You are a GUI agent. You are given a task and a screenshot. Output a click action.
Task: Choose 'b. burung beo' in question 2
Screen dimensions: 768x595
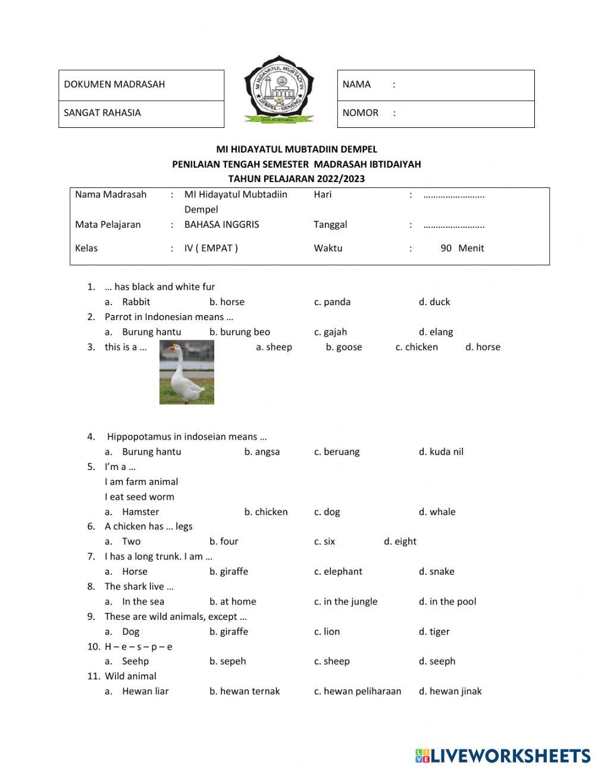[239, 332]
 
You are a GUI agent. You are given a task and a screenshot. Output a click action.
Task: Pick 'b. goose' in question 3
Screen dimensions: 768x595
[343, 347]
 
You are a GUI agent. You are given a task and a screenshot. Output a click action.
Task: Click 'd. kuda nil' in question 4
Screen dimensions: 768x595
[440, 452]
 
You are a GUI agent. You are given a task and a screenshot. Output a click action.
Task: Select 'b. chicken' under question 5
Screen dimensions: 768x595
[265, 512]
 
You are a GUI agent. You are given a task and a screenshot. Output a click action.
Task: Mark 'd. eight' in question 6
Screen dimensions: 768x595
[400, 541]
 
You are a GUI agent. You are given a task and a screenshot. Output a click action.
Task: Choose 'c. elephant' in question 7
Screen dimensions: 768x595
[338, 571]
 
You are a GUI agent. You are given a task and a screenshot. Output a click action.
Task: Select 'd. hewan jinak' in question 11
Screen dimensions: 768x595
[450, 691]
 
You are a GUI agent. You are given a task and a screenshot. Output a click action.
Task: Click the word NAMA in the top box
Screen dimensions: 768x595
[356, 84]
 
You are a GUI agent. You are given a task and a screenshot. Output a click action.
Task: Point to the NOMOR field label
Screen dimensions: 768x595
[360, 113]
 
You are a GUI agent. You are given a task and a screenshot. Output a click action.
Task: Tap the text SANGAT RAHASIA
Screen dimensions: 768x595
[102, 113]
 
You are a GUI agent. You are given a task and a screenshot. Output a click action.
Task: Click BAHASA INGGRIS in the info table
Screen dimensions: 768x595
[221, 225]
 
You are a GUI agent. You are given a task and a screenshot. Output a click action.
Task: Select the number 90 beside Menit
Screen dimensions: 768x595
[446, 248]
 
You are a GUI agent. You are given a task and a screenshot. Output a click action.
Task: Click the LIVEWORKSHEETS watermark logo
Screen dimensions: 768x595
[502, 756]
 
